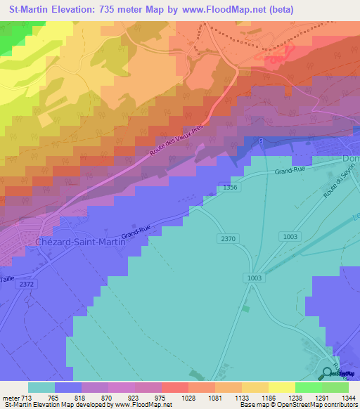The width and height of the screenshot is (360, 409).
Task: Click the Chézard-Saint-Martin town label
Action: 79,242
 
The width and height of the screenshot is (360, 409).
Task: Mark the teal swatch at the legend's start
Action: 41,387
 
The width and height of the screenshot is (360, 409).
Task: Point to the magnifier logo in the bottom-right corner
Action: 328,372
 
